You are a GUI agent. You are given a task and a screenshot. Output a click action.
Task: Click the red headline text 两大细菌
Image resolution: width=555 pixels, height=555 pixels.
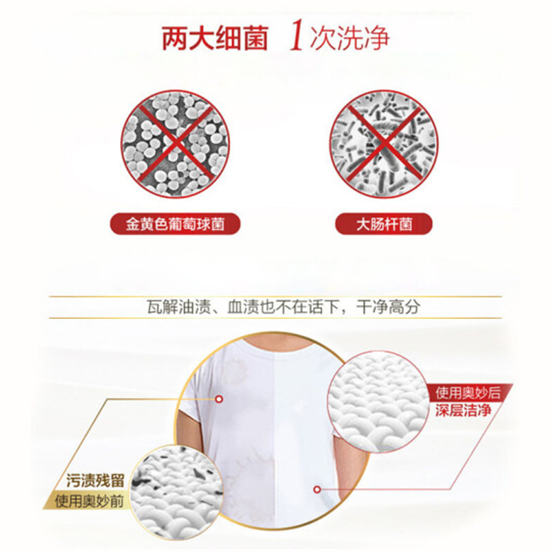pos(215,38)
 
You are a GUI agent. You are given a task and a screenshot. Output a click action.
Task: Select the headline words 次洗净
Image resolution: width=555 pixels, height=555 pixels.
pos(350,38)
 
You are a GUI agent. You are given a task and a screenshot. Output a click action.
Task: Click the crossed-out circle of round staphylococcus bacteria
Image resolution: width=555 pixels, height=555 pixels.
pos(175,144)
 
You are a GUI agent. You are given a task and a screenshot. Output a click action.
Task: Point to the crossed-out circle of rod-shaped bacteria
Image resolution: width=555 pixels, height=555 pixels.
pos(383,144)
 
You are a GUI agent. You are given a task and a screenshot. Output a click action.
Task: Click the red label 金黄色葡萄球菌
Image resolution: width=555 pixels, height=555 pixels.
pos(175,224)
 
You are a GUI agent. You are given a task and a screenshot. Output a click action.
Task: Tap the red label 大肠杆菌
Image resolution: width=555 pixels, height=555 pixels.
pos(384,224)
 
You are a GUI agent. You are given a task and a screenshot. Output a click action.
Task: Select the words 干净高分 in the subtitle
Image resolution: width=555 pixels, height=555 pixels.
pos(388,307)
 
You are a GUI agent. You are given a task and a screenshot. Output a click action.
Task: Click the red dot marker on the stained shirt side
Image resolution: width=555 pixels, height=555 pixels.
pos(219,400)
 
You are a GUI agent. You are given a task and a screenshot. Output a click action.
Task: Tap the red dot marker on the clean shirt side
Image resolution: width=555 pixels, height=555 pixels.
pos(317,490)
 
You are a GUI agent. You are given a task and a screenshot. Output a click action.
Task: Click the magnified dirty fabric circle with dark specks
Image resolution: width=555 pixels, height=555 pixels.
pos(176,492)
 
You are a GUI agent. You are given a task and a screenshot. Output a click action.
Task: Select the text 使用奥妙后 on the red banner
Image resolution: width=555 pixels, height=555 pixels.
pos(468,392)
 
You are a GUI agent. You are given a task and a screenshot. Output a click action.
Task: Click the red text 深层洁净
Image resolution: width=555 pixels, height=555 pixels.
pos(463,410)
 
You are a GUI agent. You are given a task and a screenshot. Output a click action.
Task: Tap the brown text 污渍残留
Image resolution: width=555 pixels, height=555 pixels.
pos(95,481)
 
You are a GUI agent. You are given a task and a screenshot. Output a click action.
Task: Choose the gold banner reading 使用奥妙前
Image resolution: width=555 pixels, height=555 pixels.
pos(89,501)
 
